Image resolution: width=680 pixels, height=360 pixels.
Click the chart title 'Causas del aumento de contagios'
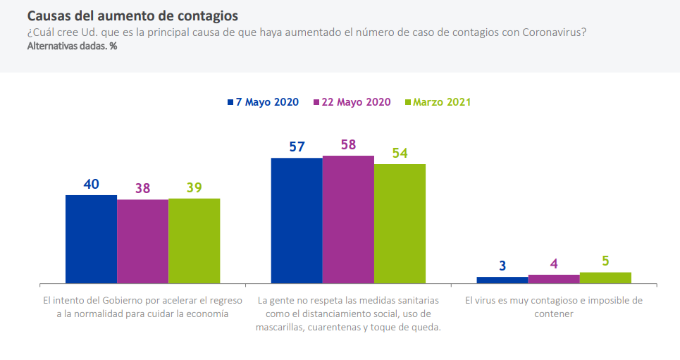coord(132,15)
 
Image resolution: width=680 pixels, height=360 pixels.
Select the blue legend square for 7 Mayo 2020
coord(230,102)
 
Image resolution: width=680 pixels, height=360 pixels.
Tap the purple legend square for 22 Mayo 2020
coord(316,102)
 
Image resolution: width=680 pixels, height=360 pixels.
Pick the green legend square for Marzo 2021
coord(408,102)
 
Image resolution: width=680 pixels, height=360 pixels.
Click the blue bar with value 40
coord(91,239)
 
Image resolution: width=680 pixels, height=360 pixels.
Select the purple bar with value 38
coord(142,241)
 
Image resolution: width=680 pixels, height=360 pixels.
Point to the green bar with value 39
coord(194,240)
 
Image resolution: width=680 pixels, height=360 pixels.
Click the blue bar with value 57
coord(297,220)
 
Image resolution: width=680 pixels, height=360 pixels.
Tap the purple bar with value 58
coord(348,219)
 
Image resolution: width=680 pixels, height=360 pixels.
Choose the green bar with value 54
coord(400,223)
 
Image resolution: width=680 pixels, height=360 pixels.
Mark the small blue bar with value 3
coord(502,280)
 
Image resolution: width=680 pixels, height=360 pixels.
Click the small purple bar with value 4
coord(554,279)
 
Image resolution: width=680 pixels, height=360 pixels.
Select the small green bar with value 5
coord(605,278)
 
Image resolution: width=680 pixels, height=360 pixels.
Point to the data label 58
coord(348,144)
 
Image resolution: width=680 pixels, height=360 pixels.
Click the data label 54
coord(400,153)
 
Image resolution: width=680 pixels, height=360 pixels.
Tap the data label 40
coord(91,184)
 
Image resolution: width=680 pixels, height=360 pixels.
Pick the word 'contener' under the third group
coord(554,314)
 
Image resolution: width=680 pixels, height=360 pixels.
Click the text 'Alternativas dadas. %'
coord(72,46)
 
